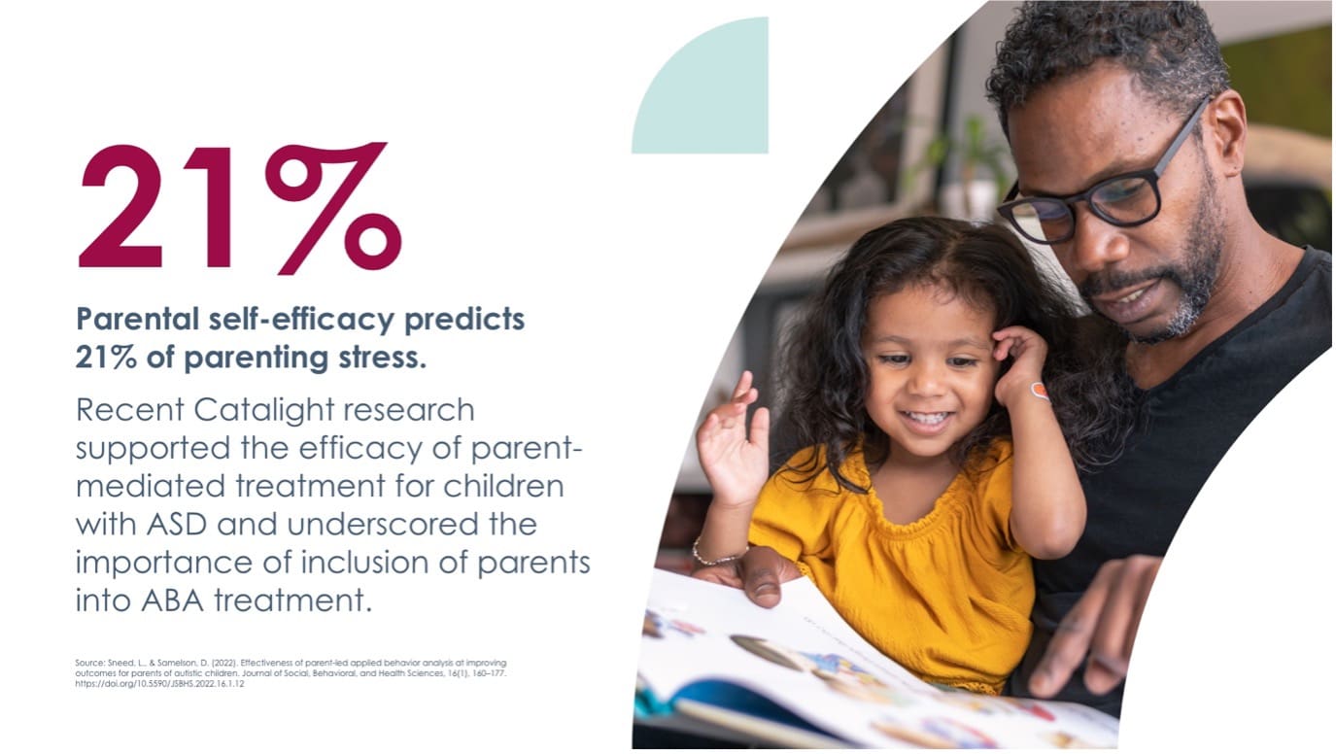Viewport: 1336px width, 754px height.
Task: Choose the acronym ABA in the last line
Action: point(168,600)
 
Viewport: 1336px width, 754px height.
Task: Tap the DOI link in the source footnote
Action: point(159,684)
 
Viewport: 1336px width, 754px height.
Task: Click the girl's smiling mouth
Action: point(925,420)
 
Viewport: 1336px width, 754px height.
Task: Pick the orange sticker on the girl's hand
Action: point(1039,392)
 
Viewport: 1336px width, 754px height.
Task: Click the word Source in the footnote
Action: point(88,663)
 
